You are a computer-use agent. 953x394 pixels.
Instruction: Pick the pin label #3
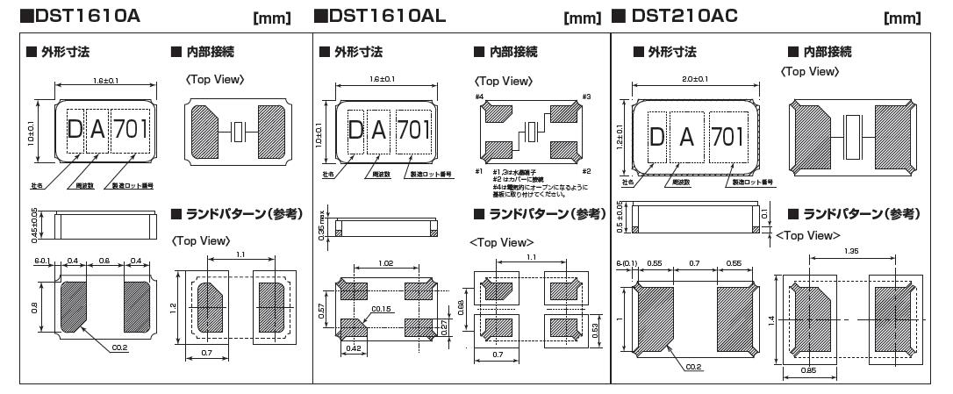pos(585,97)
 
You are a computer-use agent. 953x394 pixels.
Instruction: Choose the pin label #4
pos(480,97)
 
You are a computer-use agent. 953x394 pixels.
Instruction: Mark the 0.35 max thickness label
pos(321,226)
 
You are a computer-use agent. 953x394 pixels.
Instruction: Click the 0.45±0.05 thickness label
pos(33,226)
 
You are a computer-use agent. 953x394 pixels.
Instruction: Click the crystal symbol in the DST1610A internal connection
pos(236,132)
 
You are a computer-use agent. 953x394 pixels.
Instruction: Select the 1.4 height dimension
pos(770,321)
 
